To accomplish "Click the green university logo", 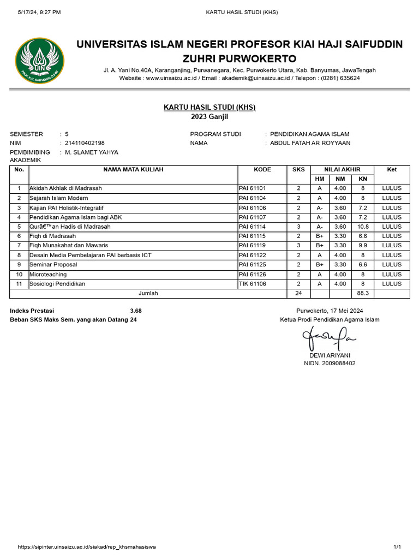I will [39, 61].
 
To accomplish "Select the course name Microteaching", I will [48, 275].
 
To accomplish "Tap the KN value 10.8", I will [362, 227].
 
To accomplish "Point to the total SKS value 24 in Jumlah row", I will [298, 293].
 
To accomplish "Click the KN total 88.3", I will [362, 293].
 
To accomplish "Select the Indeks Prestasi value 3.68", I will [136, 311].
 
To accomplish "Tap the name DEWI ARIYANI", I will [330, 355].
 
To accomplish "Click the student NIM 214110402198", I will [85, 143].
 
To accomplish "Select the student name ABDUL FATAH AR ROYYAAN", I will [310, 143].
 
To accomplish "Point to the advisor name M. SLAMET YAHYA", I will [91, 152].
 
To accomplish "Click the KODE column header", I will [262, 170].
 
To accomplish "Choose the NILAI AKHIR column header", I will [342, 170].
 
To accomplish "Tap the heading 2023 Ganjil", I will [209, 117].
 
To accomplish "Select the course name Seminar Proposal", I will [53, 265].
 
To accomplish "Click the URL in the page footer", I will [87, 546].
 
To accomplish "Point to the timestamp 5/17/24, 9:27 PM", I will [39, 12].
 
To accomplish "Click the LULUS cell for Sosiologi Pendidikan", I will [392, 284].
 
